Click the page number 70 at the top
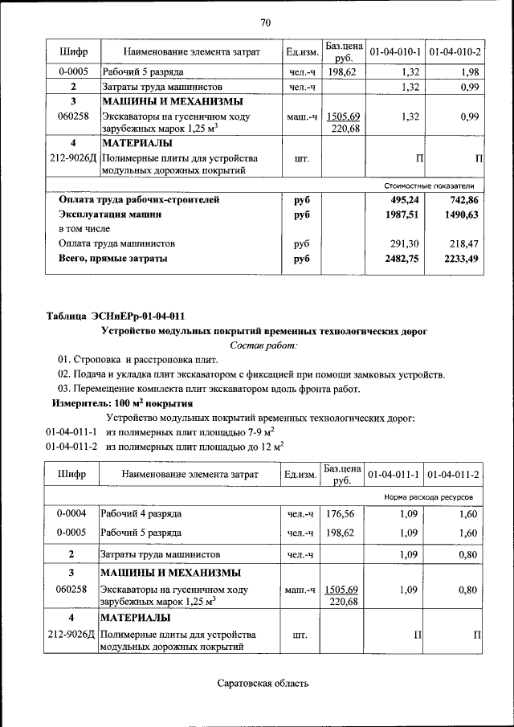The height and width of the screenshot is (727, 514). [x=266, y=22]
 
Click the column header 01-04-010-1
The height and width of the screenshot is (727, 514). [x=395, y=52]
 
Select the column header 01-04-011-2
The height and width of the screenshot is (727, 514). [x=454, y=475]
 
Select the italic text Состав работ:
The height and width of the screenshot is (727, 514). [x=263, y=345]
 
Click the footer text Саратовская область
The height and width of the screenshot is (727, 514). [x=263, y=684]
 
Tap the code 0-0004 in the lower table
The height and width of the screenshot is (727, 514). [x=72, y=513]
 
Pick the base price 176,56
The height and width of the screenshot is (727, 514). [x=341, y=513]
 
